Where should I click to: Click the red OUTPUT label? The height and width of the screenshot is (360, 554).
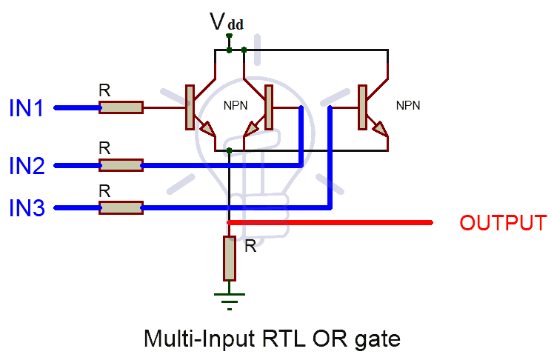503,223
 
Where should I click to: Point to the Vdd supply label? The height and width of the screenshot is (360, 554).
226,22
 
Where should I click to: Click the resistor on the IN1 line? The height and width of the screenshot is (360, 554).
121,108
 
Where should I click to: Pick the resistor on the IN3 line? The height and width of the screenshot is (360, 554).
121,208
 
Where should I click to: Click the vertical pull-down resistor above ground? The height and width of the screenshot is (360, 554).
230,258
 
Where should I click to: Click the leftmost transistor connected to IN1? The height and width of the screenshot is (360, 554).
196,108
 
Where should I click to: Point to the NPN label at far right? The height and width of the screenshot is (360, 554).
408,105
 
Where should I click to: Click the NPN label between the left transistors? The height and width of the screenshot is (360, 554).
236,105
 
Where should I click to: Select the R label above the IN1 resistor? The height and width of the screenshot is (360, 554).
104,90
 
